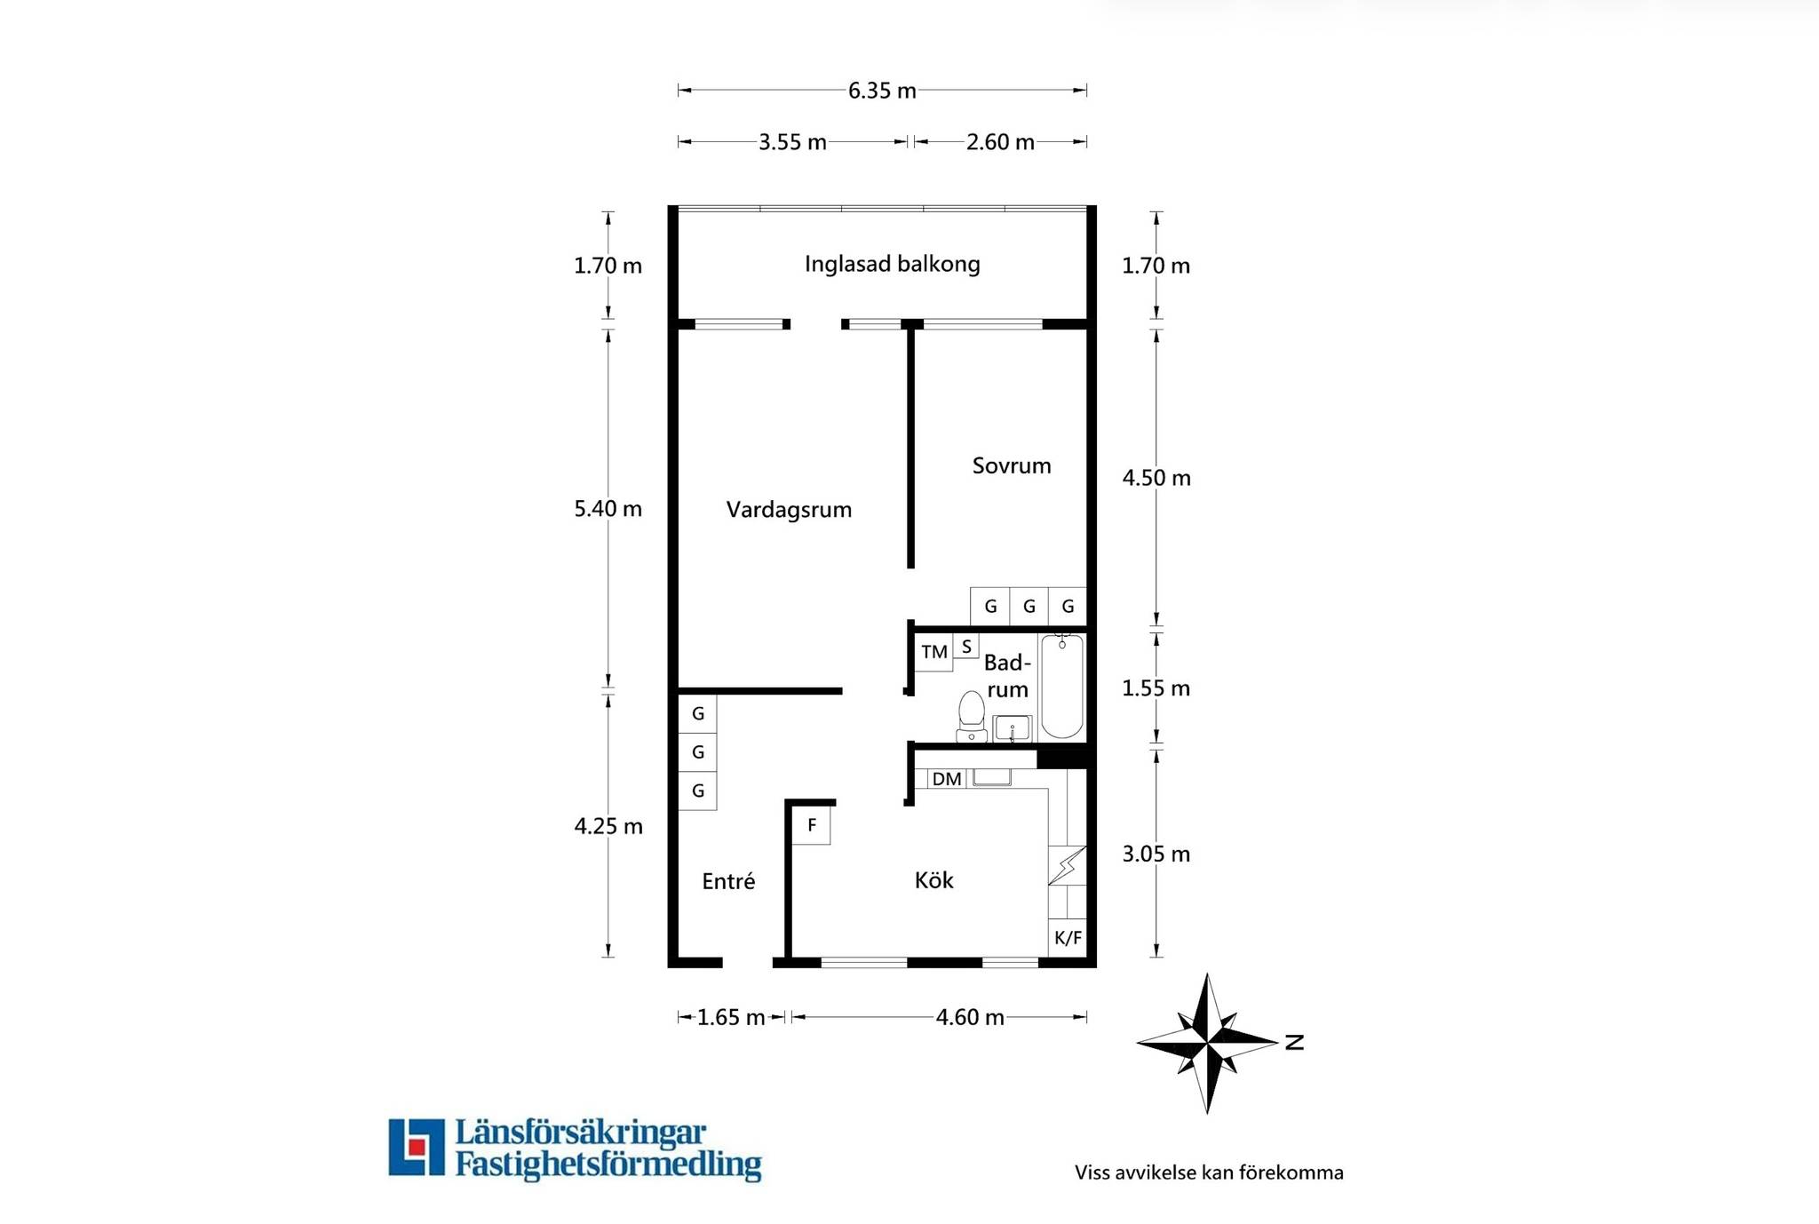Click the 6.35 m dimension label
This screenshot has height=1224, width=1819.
[x=882, y=91]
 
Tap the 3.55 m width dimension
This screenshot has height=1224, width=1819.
[x=792, y=142]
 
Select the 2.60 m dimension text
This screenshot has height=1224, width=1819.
[x=1000, y=142]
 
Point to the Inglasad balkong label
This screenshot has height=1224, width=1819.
[x=892, y=264]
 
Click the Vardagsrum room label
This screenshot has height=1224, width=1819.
[x=789, y=510]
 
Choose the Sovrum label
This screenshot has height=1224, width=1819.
[x=1012, y=465]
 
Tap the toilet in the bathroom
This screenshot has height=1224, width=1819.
[x=972, y=717]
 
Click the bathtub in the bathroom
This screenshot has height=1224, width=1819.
[x=1062, y=687]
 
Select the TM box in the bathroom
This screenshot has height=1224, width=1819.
[x=934, y=652]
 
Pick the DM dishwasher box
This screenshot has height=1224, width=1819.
[x=947, y=779]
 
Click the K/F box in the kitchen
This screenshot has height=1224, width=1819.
[x=1068, y=937]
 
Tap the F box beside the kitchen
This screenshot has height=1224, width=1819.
[x=812, y=825]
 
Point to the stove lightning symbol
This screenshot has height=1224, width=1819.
[x=1068, y=865]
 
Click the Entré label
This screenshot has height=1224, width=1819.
[x=728, y=881]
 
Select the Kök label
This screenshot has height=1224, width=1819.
[x=934, y=880]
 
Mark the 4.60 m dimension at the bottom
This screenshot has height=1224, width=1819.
[x=970, y=1018]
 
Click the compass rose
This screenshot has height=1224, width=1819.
[x=1208, y=1043]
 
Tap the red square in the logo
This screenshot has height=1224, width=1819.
[x=416, y=1146]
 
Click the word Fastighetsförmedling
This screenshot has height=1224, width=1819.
[x=608, y=1164]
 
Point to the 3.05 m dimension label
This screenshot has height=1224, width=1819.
[x=1156, y=854]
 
